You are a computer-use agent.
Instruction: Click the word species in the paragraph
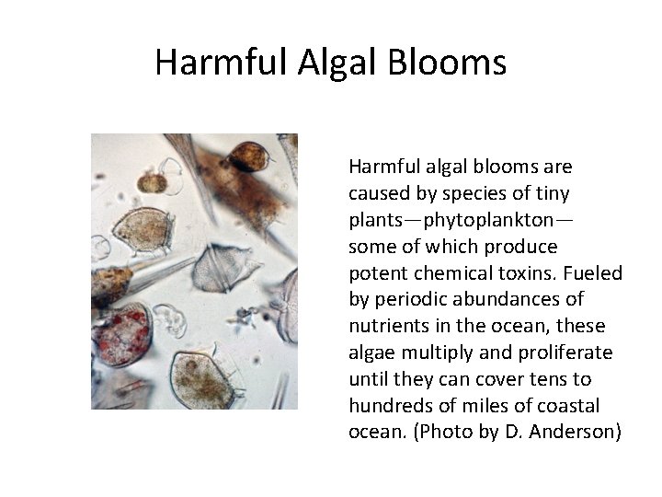click(x=467, y=194)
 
